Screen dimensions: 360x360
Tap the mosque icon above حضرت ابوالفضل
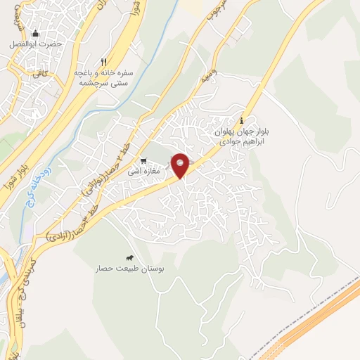click(x=36, y=33)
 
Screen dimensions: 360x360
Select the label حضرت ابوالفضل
click(x=36, y=44)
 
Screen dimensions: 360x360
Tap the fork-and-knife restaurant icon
click(x=104, y=62)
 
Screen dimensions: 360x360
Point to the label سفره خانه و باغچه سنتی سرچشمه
click(x=103, y=77)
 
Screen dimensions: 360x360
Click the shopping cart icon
click(x=143, y=161)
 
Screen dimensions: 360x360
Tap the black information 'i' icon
click(x=242, y=120)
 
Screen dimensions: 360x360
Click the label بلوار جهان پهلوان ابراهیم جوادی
click(x=242, y=135)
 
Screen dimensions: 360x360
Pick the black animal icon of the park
click(x=129, y=258)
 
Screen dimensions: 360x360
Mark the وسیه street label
click(x=207, y=76)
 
